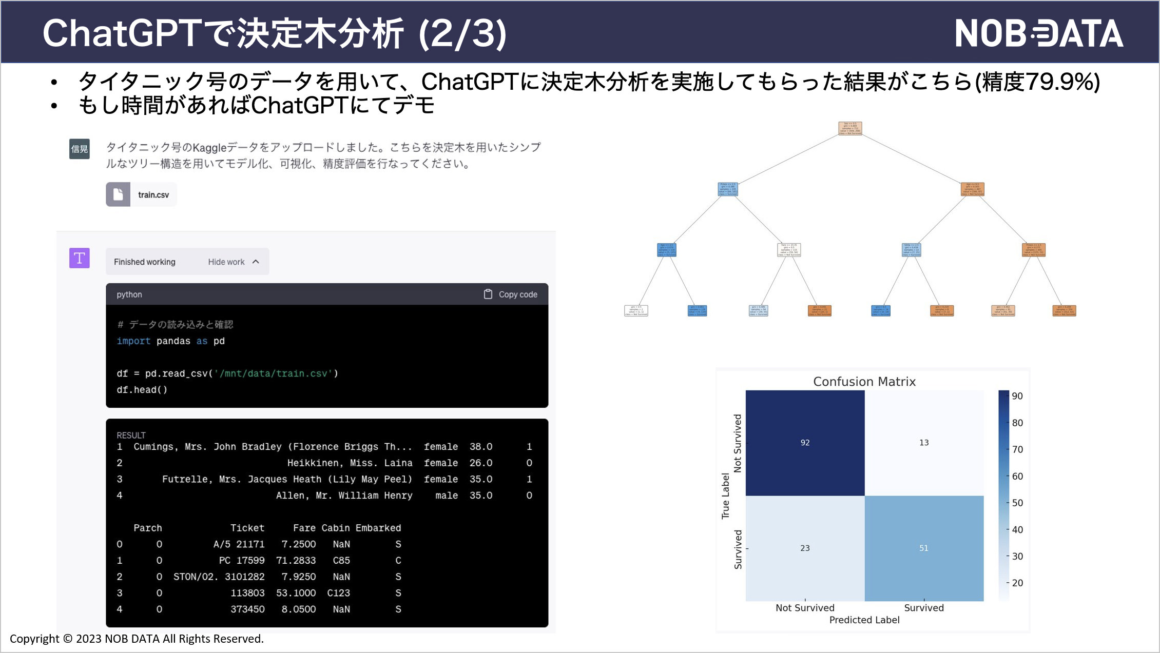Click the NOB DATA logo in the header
coord(1038,33)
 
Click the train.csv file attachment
coord(142,195)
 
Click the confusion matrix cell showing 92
coord(805,443)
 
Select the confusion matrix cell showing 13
coord(924,443)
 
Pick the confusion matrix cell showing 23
coord(805,548)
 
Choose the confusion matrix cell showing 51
coord(924,548)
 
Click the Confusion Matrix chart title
coord(864,382)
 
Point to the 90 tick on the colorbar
coord(1017,396)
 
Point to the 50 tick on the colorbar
coord(1017,503)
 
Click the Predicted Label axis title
coord(864,620)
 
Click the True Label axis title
coord(725,496)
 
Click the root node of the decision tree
coord(850,128)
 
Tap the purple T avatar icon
coord(80,258)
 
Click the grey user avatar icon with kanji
coord(80,149)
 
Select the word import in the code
coord(133,341)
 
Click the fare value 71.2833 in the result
coord(298,561)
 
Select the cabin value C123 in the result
coord(338,593)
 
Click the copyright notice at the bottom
coord(137,639)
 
